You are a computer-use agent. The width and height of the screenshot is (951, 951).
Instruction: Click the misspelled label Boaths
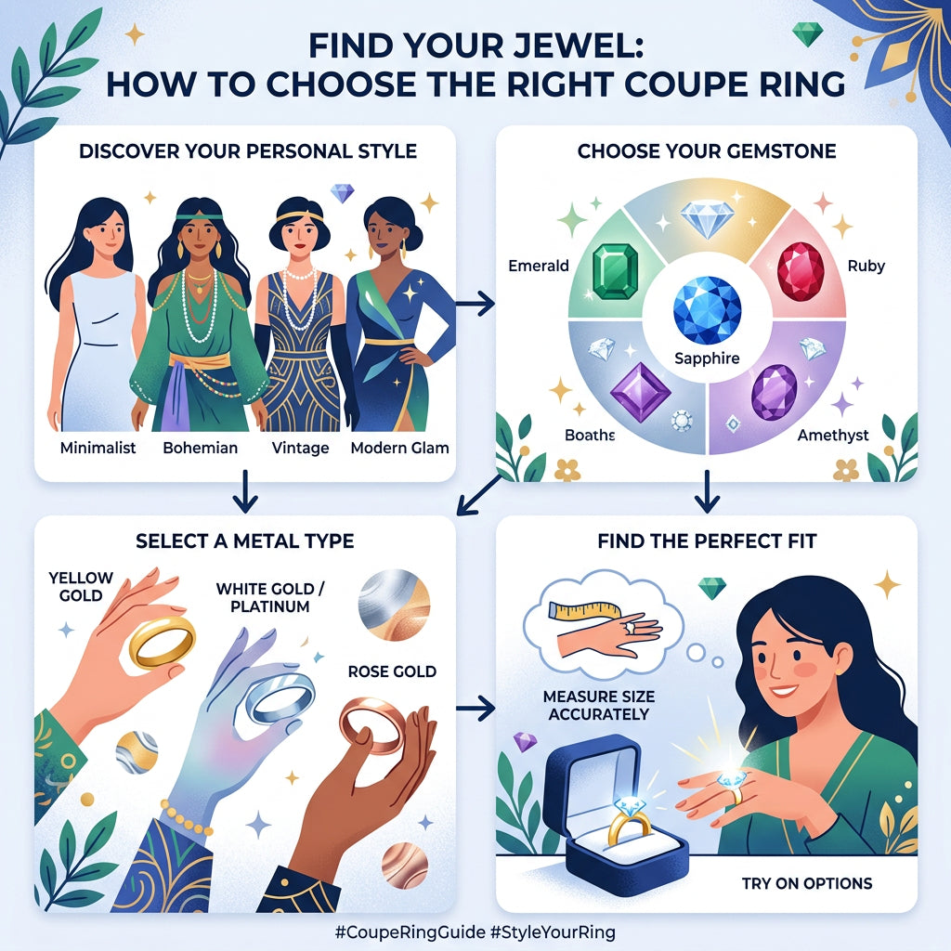pos(589,434)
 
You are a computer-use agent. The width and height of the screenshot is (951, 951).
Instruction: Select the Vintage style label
pos(300,448)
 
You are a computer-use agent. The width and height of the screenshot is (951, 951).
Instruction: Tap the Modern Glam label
pos(399,448)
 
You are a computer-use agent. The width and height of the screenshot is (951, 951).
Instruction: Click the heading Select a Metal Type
pos(244,541)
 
